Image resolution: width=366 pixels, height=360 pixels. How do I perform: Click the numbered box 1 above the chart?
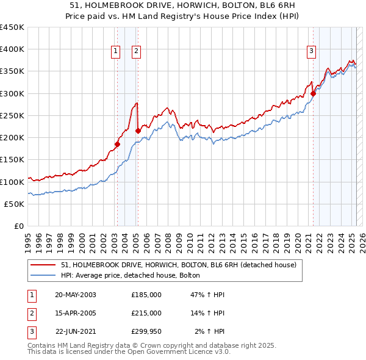click(x=115, y=52)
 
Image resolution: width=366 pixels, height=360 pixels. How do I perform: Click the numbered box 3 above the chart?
click(x=311, y=52)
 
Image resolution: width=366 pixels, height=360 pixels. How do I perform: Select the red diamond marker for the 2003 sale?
click(x=117, y=145)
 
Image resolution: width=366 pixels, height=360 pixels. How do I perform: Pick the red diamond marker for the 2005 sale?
click(x=138, y=131)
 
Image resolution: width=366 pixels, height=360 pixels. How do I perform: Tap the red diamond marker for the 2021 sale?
click(x=314, y=93)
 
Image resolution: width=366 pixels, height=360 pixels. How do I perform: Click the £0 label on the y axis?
click(x=20, y=226)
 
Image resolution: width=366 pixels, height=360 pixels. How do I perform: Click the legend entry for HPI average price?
click(x=135, y=276)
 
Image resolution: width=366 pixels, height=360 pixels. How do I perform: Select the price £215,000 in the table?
click(x=146, y=313)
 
